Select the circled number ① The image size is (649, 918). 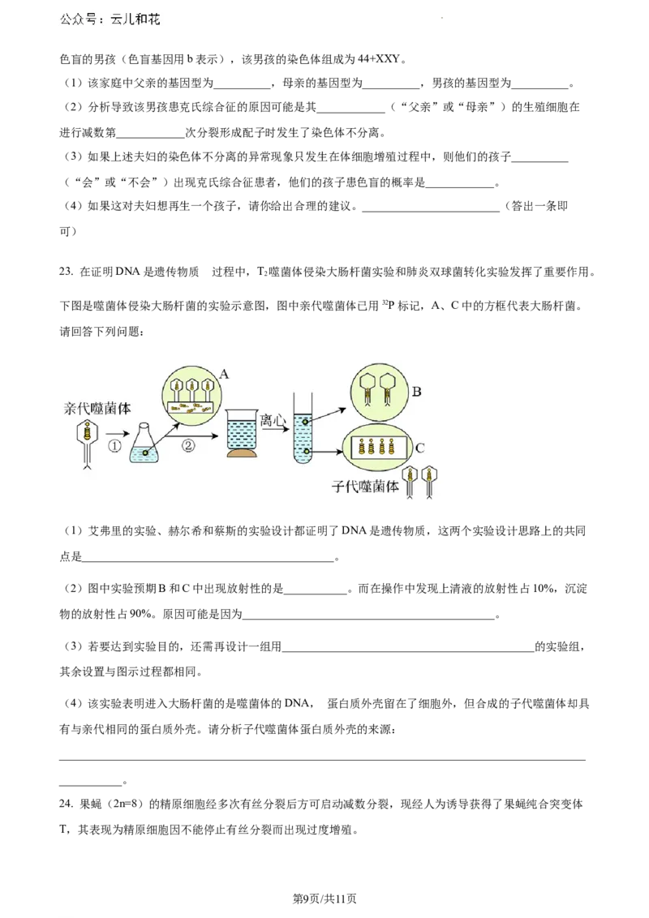[115, 446]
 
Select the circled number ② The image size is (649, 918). [188, 446]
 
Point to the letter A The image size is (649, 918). [224, 374]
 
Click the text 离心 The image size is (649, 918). [273, 420]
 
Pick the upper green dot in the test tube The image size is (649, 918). [305, 423]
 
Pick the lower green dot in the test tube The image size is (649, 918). [307, 450]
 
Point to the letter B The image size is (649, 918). [416, 392]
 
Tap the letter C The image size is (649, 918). [419, 448]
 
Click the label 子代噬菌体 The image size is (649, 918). [366, 487]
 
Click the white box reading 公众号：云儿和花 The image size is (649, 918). [110, 19]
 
